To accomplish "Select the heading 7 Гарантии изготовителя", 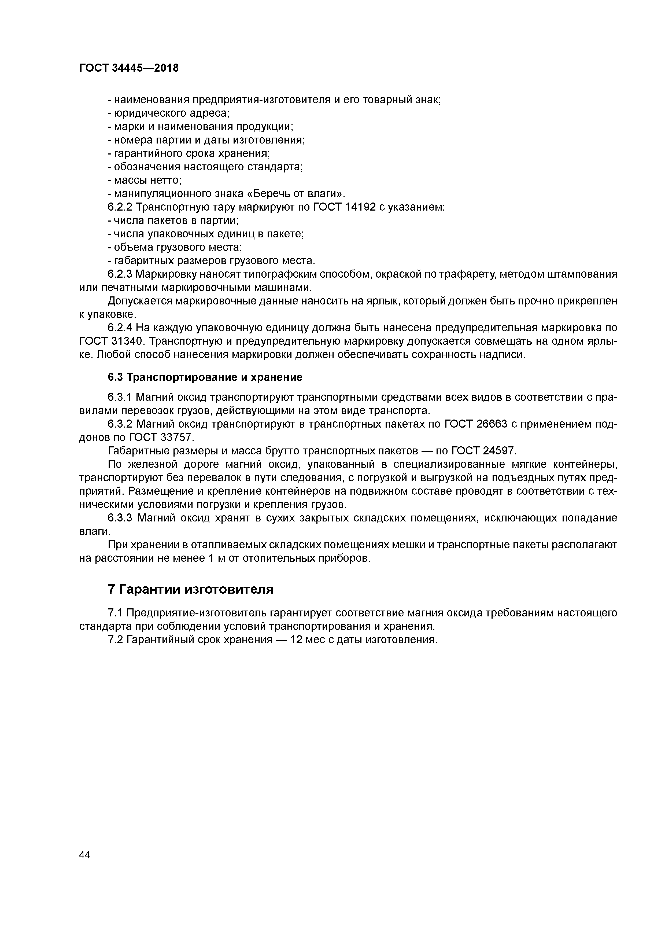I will coord(191,589).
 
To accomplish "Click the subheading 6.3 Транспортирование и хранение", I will coord(205,377).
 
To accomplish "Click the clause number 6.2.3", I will coord(120,274).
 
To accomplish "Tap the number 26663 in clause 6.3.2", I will coord(492,424).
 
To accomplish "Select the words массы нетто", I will coord(147,180).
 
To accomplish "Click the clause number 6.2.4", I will coord(120,328).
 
